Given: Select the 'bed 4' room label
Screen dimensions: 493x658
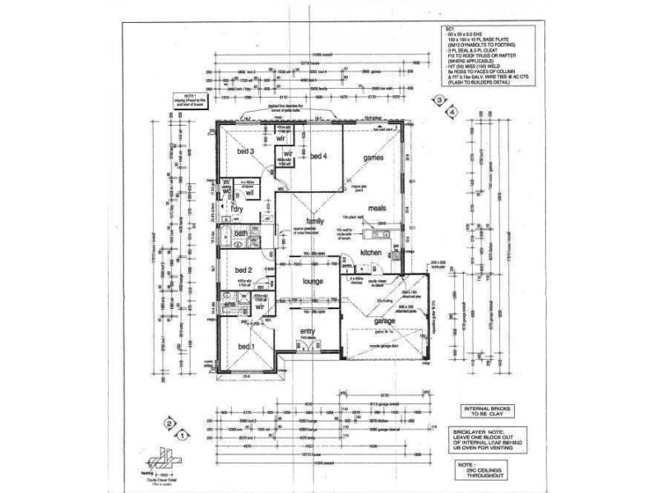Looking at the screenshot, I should click(318, 156).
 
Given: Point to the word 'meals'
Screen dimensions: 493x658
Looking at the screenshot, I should click(378, 209).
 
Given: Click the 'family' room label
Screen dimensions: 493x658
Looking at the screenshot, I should click(314, 222).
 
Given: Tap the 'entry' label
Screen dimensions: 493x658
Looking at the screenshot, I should click(308, 330).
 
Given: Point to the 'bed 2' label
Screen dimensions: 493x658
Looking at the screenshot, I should click(244, 270).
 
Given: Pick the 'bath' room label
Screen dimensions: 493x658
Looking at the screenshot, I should click(241, 234).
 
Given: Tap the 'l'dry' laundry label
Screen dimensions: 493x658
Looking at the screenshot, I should click(237, 210).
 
